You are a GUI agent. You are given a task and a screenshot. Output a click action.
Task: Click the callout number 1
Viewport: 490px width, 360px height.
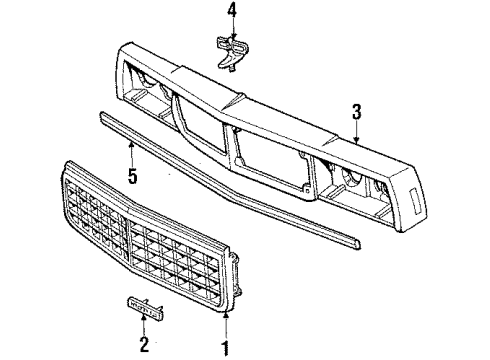tap(227, 347)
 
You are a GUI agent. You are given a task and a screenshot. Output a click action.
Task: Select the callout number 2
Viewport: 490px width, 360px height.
tap(143, 346)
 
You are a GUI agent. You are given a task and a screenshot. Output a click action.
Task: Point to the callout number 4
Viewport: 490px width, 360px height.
tap(232, 13)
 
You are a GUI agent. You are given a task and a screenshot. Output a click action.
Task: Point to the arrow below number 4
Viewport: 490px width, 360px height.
tap(232, 32)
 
